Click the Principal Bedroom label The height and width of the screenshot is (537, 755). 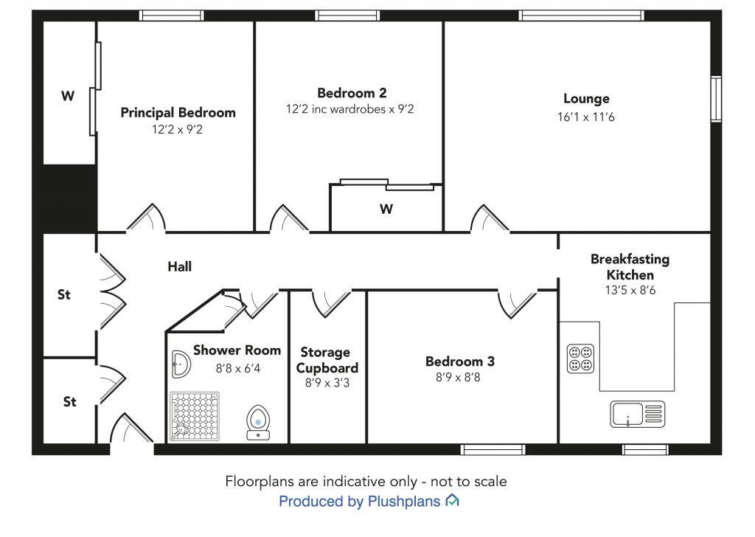pos(178,113)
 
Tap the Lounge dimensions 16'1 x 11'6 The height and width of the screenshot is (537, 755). pos(586,117)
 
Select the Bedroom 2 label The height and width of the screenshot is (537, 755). pos(352,92)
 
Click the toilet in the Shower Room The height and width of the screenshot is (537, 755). pos(258,423)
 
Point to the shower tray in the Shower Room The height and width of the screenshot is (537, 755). pos(195,417)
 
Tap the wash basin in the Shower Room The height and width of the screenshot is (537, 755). pos(181,364)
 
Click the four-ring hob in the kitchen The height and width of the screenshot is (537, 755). pos(581,358)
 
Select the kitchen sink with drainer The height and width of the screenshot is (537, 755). pos(638,415)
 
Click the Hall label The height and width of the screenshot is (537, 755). pos(180,266)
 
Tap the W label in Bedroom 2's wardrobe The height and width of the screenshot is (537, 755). pos(386,209)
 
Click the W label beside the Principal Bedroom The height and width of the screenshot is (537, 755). pos(68,96)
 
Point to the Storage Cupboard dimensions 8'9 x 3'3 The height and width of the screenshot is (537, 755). pos(327,383)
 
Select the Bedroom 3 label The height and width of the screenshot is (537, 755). pos(460,361)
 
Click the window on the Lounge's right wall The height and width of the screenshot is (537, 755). pos(717,99)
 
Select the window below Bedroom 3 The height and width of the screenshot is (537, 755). pos(493,450)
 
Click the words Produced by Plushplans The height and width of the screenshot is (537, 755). pos(359,502)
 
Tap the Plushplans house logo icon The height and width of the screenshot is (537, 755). pos(452,500)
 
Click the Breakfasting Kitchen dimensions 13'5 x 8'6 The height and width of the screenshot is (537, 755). pos(630,291)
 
